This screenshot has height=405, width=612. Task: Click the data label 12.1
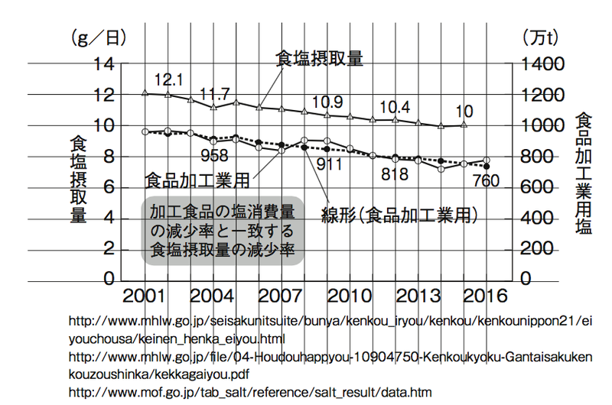(x=168, y=79)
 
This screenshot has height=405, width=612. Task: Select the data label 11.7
(x=214, y=95)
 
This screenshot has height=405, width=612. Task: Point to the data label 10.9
(x=327, y=102)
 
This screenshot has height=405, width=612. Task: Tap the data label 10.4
(x=395, y=106)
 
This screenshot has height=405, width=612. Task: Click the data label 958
(x=214, y=157)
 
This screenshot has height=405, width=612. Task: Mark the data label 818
(x=394, y=173)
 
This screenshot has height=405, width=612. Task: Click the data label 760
(x=487, y=181)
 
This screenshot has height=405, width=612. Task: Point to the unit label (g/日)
(x=98, y=36)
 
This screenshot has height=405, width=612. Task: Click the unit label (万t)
(x=542, y=36)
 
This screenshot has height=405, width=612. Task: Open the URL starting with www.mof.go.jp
(x=249, y=392)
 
